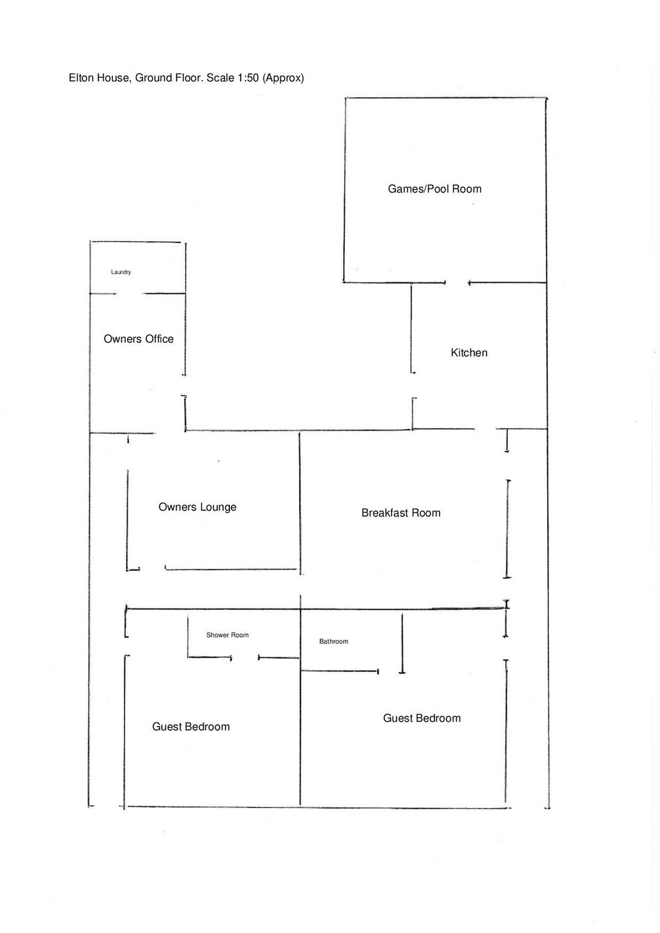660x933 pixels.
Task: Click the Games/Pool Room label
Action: click(434, 189)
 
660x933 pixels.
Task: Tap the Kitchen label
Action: click(469, 352)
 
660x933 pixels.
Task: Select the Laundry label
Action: click(121, 272)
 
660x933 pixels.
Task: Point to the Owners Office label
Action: click(139, 339)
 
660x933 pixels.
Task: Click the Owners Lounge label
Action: click(197, 507)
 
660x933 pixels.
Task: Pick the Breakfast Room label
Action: click(401, 513)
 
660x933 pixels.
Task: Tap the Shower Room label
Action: click(227, 635)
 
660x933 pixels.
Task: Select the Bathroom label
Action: click(333, 641)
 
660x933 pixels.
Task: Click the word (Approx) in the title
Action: click(283, 78)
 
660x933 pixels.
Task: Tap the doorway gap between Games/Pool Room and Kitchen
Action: click(457, 282)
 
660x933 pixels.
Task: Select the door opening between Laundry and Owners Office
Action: click(129, 294)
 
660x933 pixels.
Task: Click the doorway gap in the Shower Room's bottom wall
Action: click(245, 658)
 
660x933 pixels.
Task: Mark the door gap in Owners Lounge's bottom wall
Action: click(153, 569)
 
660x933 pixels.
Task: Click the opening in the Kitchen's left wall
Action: click(412, 386)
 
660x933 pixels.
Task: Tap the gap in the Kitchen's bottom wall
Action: click(486, 429)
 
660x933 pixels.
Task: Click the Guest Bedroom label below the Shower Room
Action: click(191, 727)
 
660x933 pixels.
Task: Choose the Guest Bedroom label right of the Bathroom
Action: click(422, 718)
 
